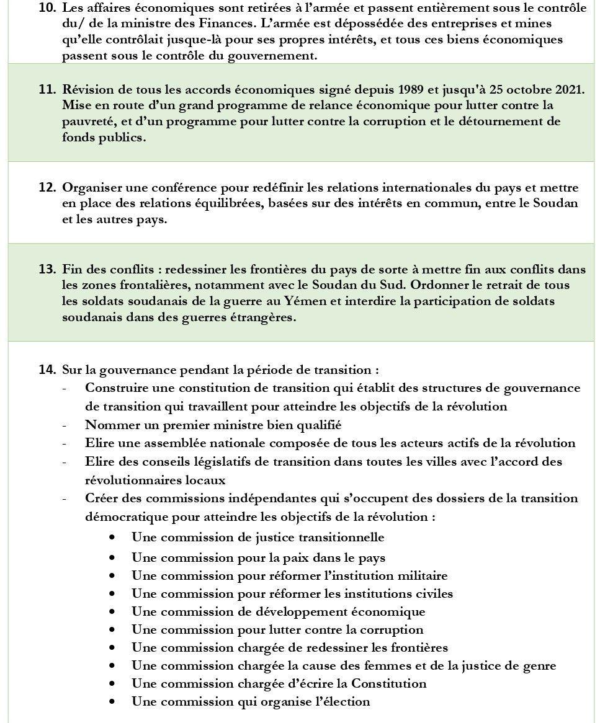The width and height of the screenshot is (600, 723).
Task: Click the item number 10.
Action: [47, 8]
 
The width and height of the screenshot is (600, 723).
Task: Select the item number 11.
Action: [47, 89]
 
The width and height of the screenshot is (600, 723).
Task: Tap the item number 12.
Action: [47, 187]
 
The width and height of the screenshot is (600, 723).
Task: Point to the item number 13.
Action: [47, 269]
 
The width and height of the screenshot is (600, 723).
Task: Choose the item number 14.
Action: [47, 370]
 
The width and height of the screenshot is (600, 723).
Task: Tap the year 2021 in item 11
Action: [570, 89]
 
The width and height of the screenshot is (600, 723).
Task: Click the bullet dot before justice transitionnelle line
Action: [112, 538]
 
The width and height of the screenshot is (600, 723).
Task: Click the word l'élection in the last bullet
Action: [338, 702]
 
